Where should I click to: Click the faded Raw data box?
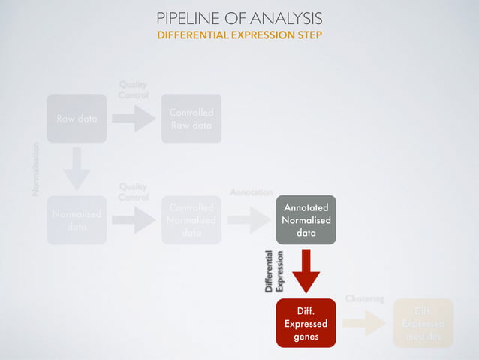77,119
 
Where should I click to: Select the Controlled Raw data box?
191,119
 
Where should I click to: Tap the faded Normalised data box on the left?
77,220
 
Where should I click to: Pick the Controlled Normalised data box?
191,220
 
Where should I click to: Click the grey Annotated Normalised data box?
306,219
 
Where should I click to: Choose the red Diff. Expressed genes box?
306,323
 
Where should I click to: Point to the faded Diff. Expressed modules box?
423,323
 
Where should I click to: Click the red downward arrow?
306,271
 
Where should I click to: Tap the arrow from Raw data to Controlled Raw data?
134,118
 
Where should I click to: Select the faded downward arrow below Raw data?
77,168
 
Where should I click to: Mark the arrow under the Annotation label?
249,220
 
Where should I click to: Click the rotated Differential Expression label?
274,271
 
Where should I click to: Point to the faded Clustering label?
364,298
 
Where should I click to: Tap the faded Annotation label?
251,192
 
